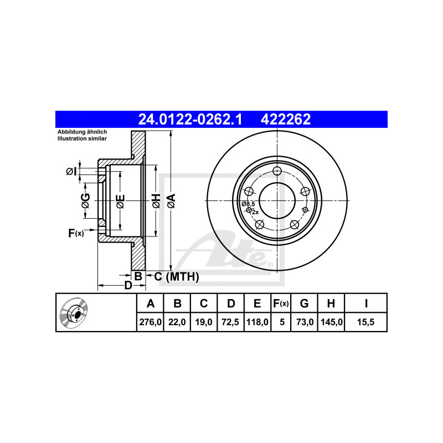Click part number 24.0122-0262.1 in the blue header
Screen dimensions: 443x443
(190, 119)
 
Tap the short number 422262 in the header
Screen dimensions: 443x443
(286, 119)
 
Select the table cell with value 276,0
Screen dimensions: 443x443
(150, 322)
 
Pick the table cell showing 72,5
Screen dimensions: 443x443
(230, 322)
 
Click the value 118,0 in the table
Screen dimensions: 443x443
(257, 322)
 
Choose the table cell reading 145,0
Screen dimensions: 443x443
(331, 322)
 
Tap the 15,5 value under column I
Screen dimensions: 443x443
(366, 322)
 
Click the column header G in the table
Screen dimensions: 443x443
(304, 303)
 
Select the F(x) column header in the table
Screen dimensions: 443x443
(281, 303)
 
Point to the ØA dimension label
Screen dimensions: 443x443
(172, 201)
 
